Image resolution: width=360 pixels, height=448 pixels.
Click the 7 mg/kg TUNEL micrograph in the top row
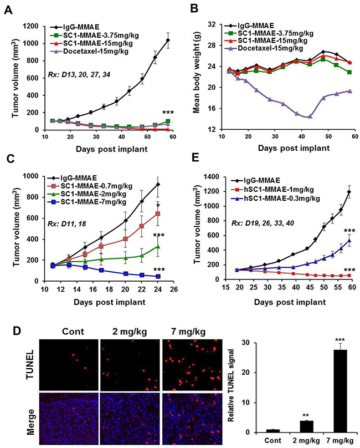[x=188, y=373]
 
